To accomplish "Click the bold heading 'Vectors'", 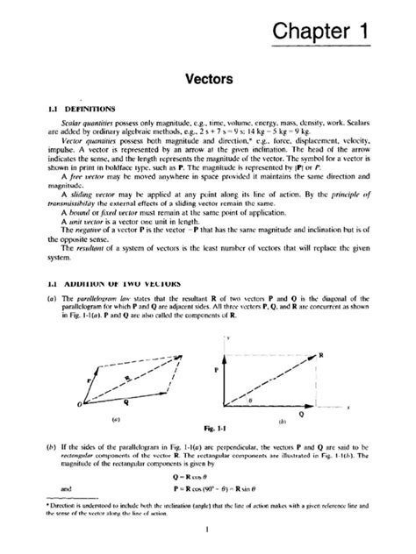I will click(207, 78).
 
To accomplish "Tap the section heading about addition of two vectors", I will click(85, 284).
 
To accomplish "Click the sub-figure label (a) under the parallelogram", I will click(104, 420).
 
